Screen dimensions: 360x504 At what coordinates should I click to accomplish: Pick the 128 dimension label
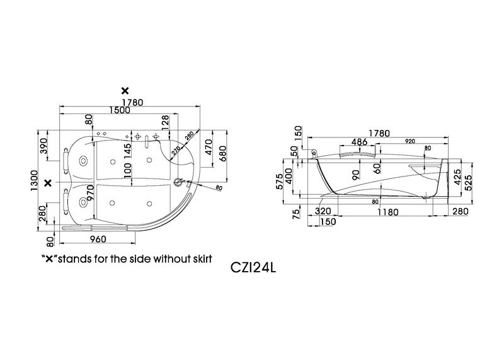click(165, 123)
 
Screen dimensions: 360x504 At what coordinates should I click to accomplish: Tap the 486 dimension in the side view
click(359, 142)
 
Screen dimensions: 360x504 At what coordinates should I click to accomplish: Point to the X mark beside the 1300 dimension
click(49, 183)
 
